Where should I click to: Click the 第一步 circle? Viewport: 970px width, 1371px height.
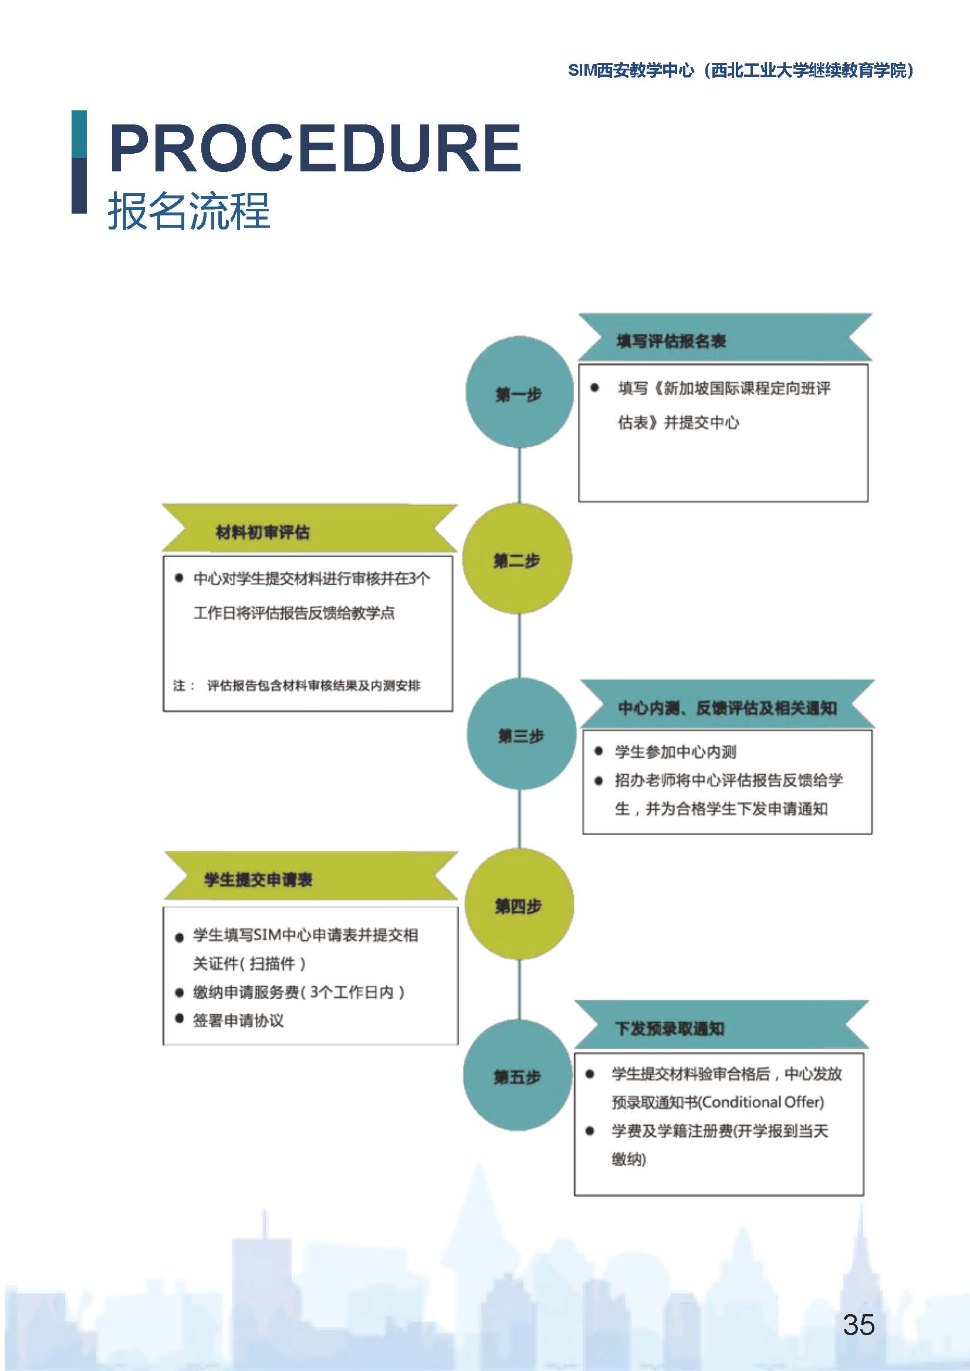pyautogui.click(x=519, y=392)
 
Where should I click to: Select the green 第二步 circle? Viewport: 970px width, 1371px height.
pyautogui.click(x=517, y=558)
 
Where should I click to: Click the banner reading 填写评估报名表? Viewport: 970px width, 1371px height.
pyautogui.click(x=725, y=337)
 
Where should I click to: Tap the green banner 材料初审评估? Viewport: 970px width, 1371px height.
pyautogui.click(x=309, y=529)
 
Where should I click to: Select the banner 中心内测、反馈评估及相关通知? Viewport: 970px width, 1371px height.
pyautogui.click(x=728, y=704)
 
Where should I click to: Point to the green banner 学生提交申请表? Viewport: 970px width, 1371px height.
pyautogui.click(x=310, y=876)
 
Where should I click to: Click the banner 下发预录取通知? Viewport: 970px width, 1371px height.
pyautogui.click(x=722, y=1026)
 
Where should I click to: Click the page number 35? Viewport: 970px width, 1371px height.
pyautogui.click(x=859, y=1325)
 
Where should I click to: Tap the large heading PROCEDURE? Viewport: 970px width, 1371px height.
pyautogui.click(x=315, y=147)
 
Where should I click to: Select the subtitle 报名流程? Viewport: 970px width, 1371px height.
pyautogui.click(x=189, y=211)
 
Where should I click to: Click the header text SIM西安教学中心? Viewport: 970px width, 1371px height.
pyautogui.click(x=631, y=70)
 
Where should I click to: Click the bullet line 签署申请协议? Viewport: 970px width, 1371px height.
pyautogui.click(x=238, y=1021)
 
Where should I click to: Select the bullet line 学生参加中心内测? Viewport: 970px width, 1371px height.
pyautogui.click(x=675, y=751)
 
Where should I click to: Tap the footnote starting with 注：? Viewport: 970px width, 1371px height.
pyautogui.click(x=297, y=685)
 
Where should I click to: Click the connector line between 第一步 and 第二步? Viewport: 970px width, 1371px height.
pyautogui.click(x=519, y=475)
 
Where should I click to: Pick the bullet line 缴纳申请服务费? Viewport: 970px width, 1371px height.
pyautogui.click(x=299, y=992)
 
